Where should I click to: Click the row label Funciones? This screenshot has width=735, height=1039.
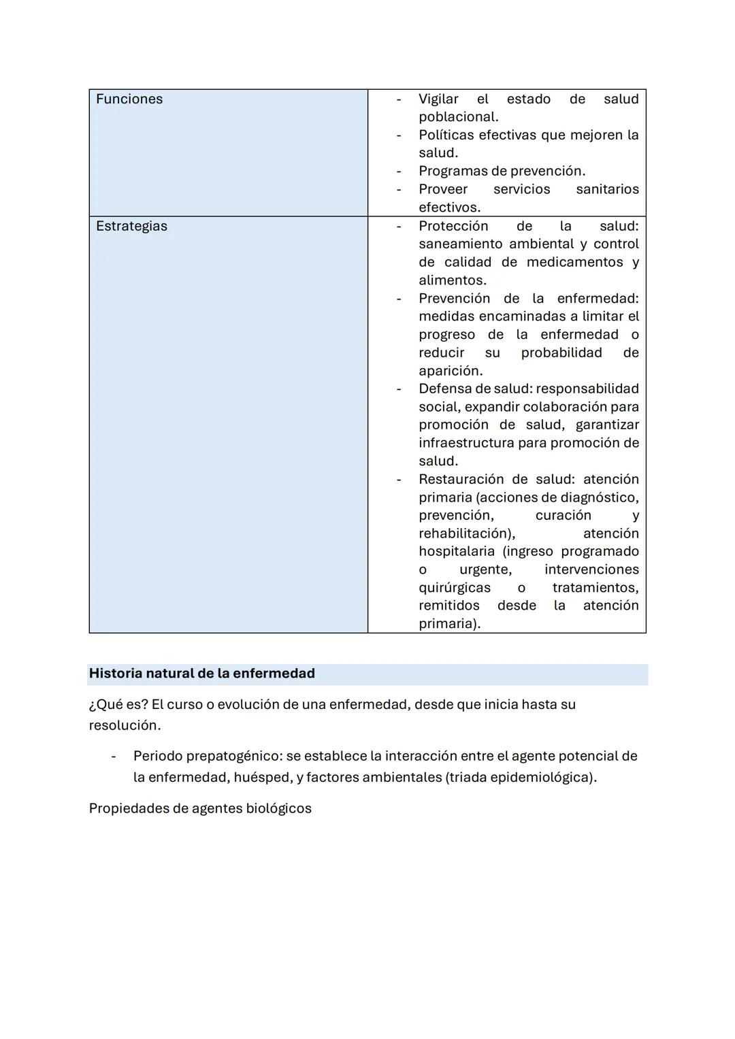(129, 99)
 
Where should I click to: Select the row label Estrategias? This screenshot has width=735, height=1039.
(131, 227)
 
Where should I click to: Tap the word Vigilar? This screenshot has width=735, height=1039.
(438, 99)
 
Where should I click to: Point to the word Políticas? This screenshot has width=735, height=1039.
(446, 135)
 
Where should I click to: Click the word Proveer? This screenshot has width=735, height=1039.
(443, 190)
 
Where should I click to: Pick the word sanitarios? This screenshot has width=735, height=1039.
(607, 190)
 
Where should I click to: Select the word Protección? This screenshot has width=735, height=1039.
(453, 227)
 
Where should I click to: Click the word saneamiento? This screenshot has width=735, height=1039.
(461, 244)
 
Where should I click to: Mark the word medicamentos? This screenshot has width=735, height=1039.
(574, 263)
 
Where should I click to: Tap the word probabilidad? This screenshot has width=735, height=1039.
(561, 353)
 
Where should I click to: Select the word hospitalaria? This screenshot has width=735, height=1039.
(456, 552)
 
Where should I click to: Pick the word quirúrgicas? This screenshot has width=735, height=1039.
(454, 588)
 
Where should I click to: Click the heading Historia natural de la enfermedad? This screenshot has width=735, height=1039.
(202, 674)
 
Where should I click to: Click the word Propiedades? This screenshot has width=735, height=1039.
(128, 809)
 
